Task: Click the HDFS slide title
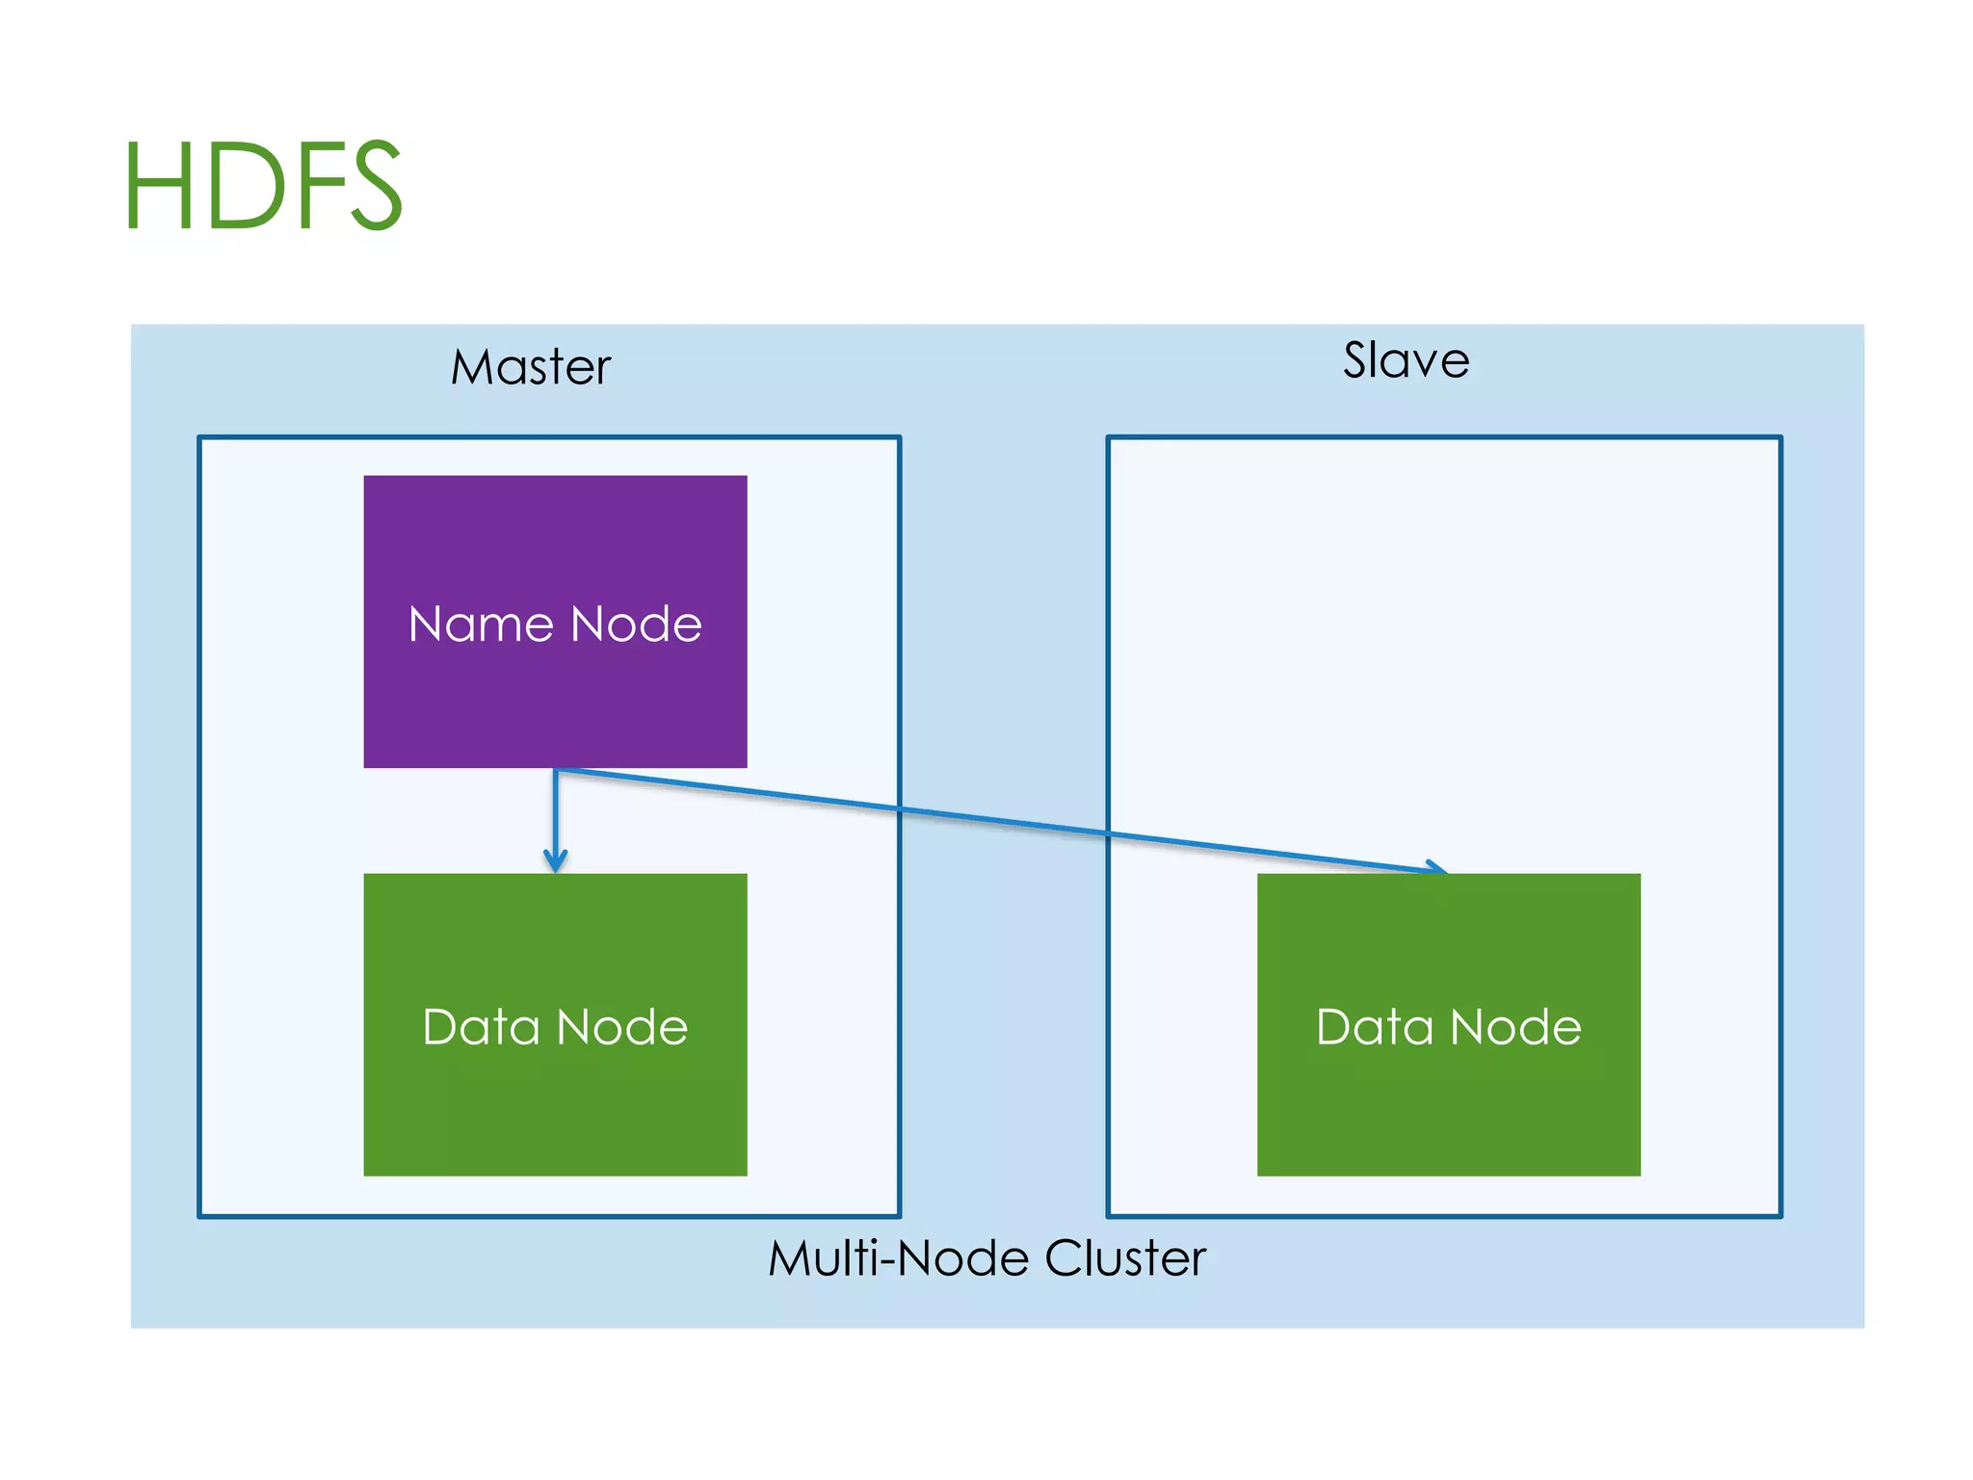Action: coord(263,185)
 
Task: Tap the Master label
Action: coord(531,367)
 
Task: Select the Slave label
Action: coord(1406,360)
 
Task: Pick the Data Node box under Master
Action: coord(555,1108)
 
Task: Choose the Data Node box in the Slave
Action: coord(1448,1108)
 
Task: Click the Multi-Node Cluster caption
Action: coord(986,1257)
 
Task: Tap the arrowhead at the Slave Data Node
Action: coord(1436,867)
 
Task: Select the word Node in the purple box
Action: coord(636,623)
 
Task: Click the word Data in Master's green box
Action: coord(481,1026)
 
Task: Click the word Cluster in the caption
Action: coord(1125,1257)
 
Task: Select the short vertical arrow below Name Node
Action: coord(555,819)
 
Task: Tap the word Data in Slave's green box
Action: coord(1375,1026)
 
